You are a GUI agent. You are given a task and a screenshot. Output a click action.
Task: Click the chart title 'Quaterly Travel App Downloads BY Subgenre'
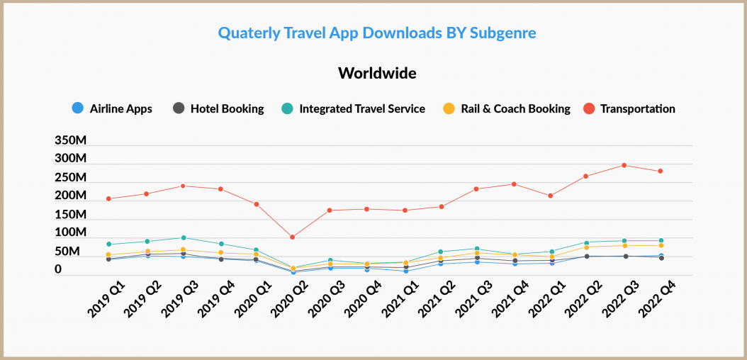pyautogui.click(x=376, y=33)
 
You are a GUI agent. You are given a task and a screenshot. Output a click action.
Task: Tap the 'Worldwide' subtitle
pyautogui.click(x=376, y=73)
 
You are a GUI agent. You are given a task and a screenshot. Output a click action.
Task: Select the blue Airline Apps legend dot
pyautogui.click(x=77, y=108)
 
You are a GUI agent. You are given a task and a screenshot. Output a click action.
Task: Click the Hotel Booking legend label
pyautogui.click(x=228, y=109)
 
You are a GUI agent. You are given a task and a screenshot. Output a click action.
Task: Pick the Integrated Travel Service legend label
pyautogui.click(x=362, y=109)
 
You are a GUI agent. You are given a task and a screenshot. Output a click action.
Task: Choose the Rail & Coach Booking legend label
pyautogui.click(x=515, y=109)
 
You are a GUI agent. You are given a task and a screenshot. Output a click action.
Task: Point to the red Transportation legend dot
pyautogui.click(x=588, y=108)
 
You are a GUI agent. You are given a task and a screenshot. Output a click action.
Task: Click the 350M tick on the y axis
pyautogui.click(x=71, y=140)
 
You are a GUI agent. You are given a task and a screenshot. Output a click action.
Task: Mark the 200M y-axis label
pyautogui.click(x=71, y=196)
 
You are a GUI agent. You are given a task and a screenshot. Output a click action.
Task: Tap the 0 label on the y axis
pyautogui.click(x=59, y=269)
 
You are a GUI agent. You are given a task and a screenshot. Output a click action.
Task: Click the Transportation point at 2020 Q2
pyautogui.click(x=293, y=237)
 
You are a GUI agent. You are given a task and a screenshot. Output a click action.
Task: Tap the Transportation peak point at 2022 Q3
pyautogui.click(x=624, y=165)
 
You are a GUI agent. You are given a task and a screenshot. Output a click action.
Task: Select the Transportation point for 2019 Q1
pyautogui.click(x=108, y=198)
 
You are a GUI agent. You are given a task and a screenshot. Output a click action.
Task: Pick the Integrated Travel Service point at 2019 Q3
pyautogui.click(x=183, y=237)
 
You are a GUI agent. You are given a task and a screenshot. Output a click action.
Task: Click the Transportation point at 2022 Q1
pyautogui.click(x=551, y=196)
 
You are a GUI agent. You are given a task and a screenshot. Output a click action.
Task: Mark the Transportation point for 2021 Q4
pyautogui.click(x=513, y=184)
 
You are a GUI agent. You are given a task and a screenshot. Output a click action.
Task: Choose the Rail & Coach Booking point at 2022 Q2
pyautogui.click(x=587, y=247)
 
